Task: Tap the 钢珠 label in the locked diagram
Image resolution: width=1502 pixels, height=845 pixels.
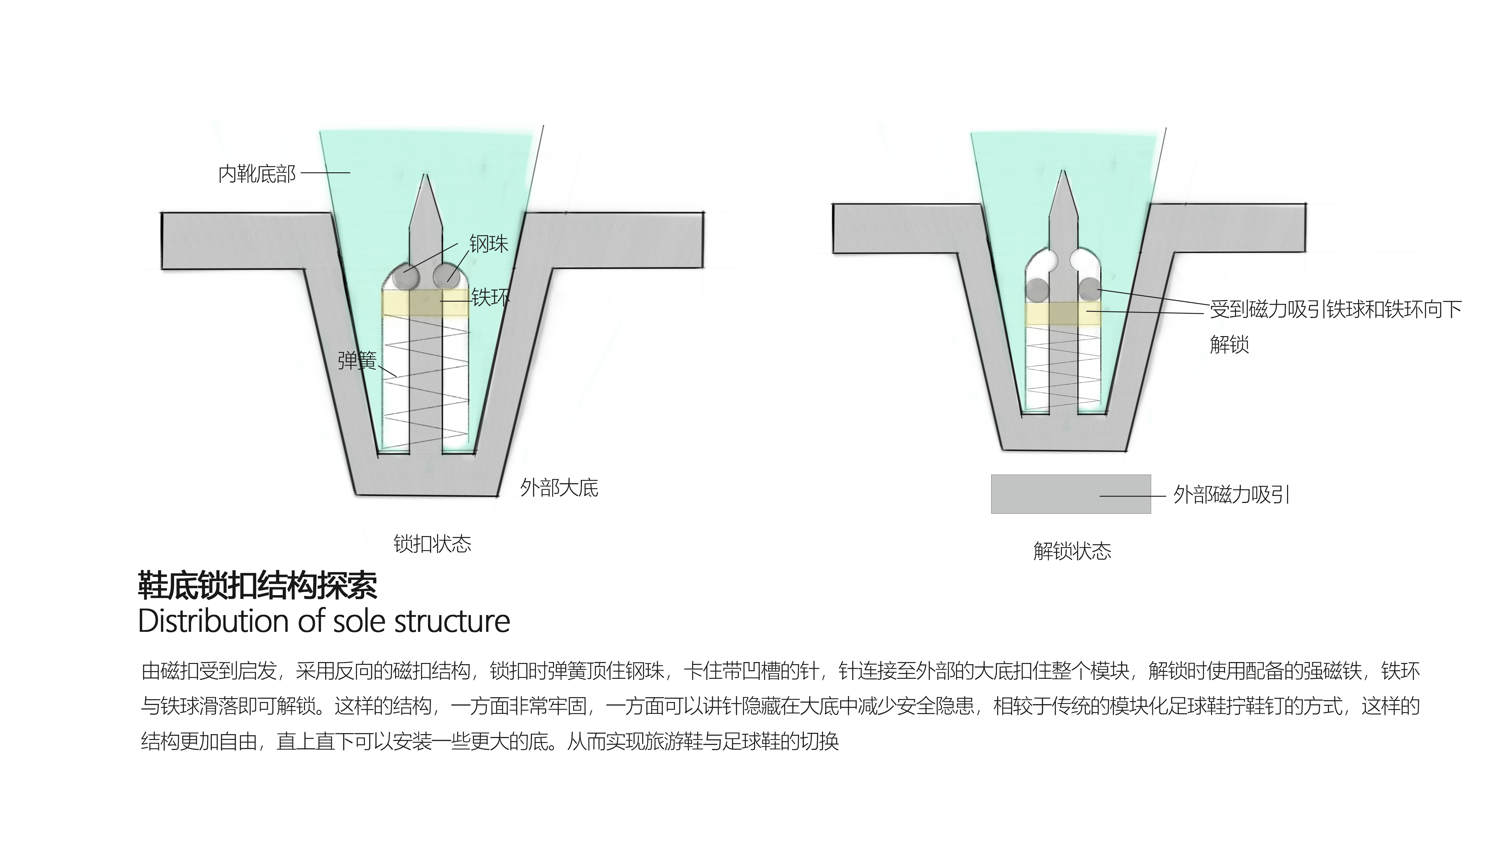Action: pos(489,244)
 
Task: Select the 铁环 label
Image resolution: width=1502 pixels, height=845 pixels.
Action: pos(490,297)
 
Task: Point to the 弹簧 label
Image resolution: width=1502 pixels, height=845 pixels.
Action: pos(357,360)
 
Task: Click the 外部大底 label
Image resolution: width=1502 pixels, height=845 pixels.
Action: pos(559,488)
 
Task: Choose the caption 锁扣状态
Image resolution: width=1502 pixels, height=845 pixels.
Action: pos(432,544)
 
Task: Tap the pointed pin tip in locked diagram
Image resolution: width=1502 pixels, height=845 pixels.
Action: pos(426,181)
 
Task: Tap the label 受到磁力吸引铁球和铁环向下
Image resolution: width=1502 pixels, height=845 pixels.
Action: pos(1335,309)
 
